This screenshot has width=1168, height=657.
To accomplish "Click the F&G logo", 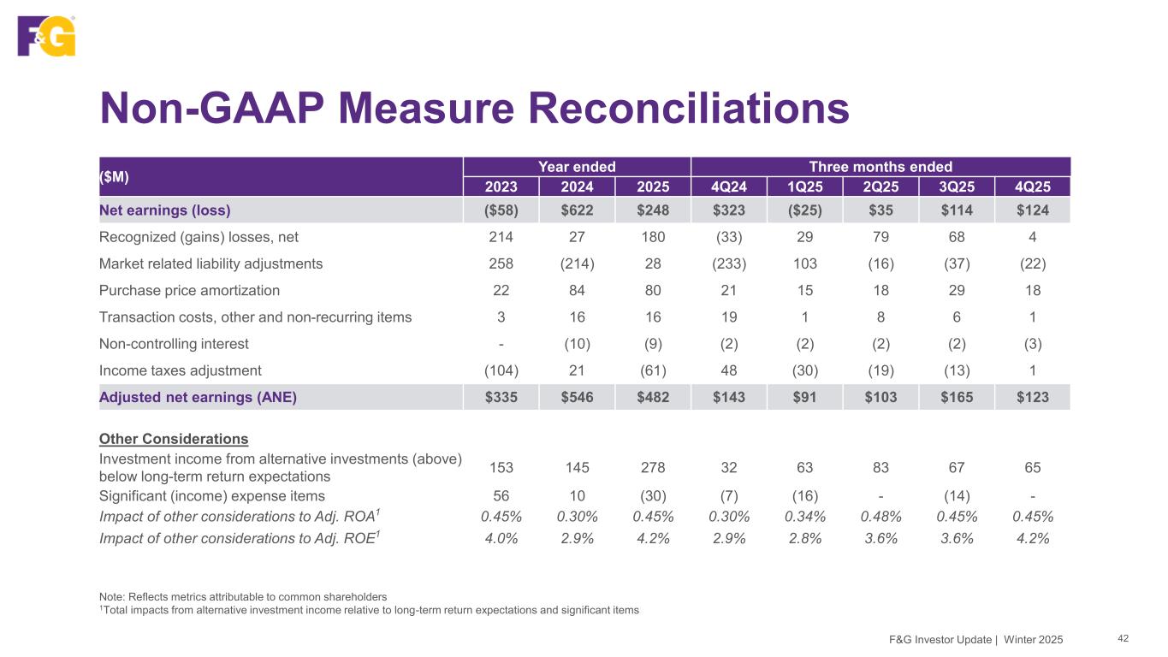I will (46, 36).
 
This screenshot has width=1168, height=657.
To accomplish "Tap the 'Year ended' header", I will (577, 167).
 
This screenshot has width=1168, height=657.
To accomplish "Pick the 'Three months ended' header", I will (880, 167).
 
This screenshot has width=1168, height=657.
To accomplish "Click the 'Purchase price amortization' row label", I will (189, 290).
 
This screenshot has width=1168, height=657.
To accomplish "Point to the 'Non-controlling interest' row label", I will (174, 344).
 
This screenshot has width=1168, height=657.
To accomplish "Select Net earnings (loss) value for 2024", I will (577, 210).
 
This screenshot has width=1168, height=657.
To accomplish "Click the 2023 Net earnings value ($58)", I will (501, 210).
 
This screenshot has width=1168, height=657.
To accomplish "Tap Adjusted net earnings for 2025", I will (653, 397).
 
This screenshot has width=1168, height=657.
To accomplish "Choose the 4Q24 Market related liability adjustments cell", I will (729, 263).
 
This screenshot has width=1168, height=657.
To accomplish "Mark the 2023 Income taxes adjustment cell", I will (501, 370).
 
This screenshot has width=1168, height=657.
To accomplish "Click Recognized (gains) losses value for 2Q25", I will (880, 237).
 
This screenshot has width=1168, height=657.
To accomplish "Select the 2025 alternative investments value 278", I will (653, 468).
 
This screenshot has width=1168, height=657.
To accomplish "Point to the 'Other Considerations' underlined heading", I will (174, 439).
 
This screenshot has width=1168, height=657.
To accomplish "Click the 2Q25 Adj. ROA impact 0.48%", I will (880, 516).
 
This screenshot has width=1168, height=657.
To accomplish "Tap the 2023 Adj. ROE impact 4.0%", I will (501, 538).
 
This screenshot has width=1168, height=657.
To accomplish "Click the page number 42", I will (1124, 638).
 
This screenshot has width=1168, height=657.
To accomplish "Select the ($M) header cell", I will (112, 176).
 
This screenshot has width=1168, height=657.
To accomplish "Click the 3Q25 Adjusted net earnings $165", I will (957, 397).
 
